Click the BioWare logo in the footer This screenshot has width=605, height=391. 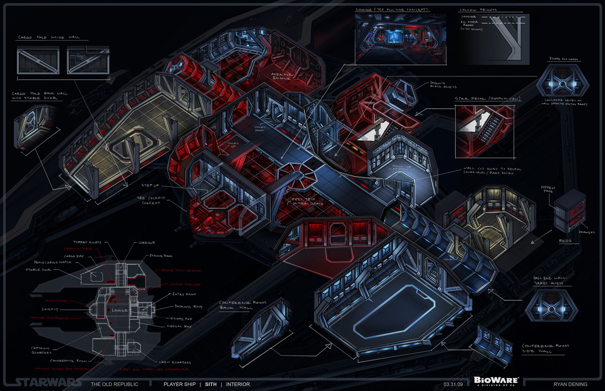tap(496, 381)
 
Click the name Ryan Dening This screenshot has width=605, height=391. tap(570, 384)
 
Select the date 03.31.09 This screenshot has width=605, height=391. tap(453, 384)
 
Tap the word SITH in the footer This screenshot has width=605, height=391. tap(211, 384)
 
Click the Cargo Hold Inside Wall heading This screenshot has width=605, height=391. tap(49, 37)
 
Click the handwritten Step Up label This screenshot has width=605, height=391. tap(150, 185)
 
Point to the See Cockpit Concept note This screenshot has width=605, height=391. tap(151, 200)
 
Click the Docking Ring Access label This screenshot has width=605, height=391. tap(443, 85)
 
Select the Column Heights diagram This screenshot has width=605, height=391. tap(493, 37)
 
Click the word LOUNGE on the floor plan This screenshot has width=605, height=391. tap(119, 311)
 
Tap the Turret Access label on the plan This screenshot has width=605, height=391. tap(87, 242)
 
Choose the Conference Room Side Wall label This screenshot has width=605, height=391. tap(545, 348)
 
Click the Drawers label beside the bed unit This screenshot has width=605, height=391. tap(586, 232)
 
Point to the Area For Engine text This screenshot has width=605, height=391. tap(281, 76)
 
